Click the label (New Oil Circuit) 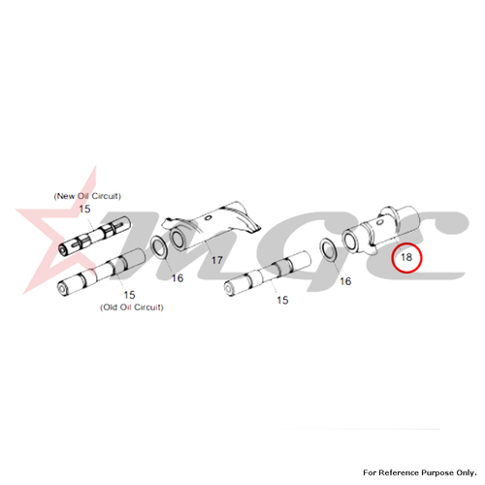(87, 196)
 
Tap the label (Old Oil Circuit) (132, 307)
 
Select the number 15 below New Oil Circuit (84, 209)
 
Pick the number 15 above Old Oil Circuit (129, 295)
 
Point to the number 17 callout (217, 260)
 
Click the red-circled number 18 (406, 257)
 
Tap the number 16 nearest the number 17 (178, 278)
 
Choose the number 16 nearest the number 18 (345, 281)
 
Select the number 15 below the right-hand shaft (282, 300)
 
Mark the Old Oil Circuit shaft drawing (101, 272)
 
